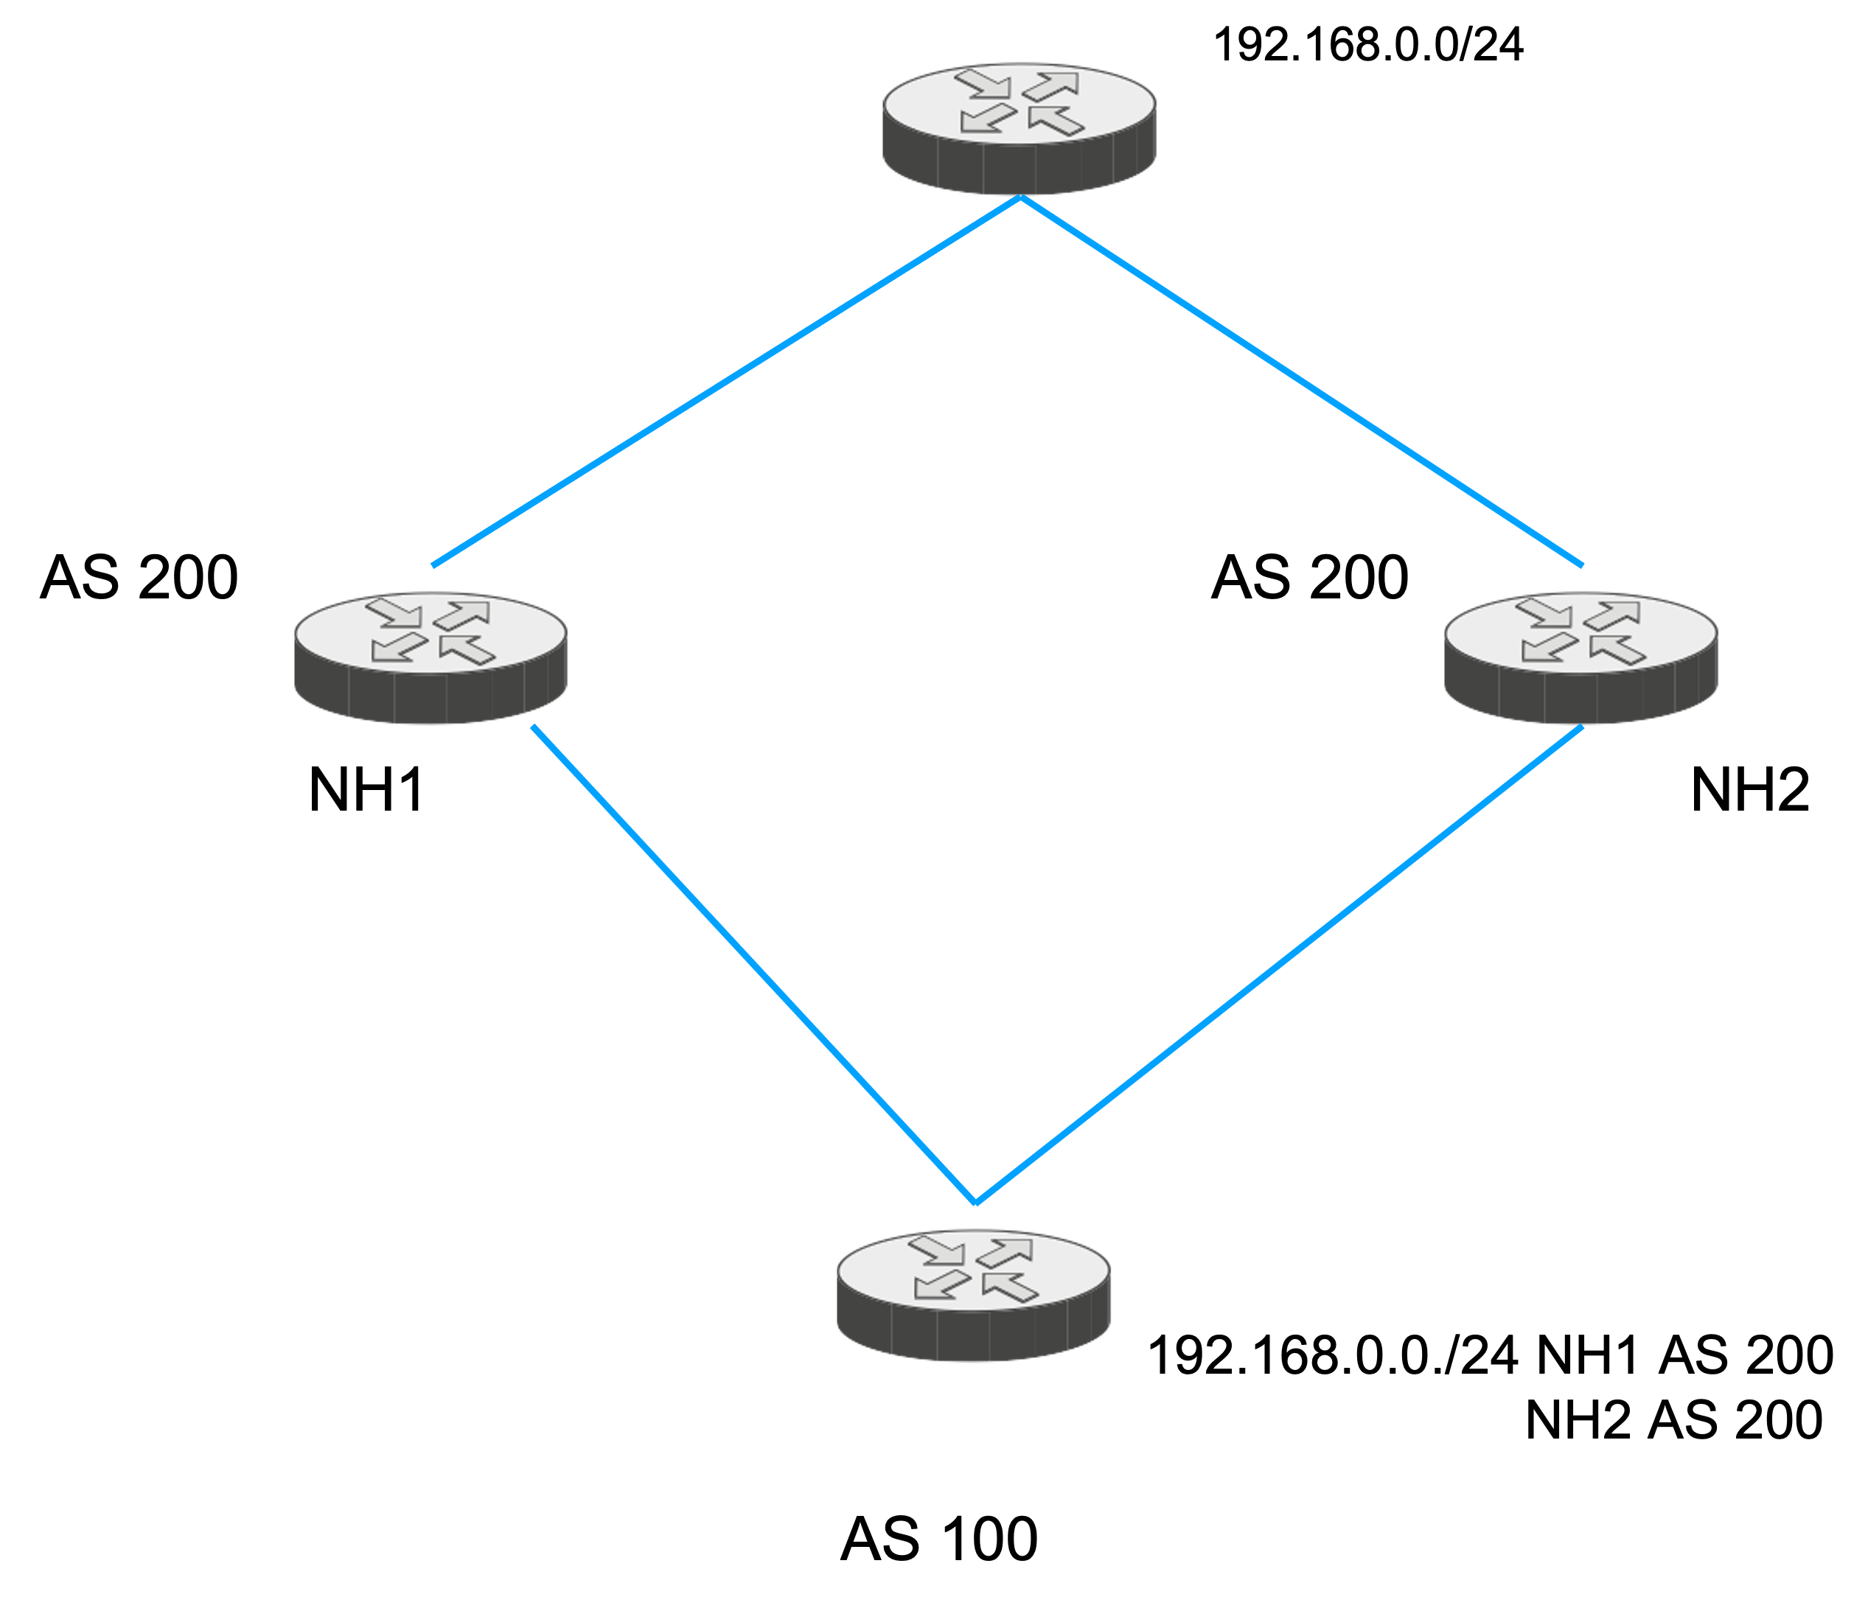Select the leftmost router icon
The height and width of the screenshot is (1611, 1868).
(431, 658)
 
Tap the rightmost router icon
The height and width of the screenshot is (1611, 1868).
(1581, 658)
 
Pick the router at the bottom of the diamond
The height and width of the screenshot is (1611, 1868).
(974, 1296)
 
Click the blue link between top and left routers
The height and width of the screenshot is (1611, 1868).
(725, 381)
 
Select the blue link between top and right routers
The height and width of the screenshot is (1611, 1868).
(1301, 381)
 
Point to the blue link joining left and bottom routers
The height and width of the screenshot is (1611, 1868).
(753, 964)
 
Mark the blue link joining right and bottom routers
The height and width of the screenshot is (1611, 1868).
(1279, 964)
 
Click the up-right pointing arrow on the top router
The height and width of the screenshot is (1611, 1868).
(1052, 85)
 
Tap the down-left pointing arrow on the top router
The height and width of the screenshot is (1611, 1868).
(987, 119)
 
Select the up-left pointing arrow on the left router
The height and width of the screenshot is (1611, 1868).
(467, 649)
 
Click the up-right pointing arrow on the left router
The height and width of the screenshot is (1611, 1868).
(462, 615)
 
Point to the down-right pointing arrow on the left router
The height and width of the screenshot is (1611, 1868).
(394, 612)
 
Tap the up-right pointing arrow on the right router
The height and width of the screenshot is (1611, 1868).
(1613, 615)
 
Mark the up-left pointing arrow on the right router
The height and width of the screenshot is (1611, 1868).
(1617, 649)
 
